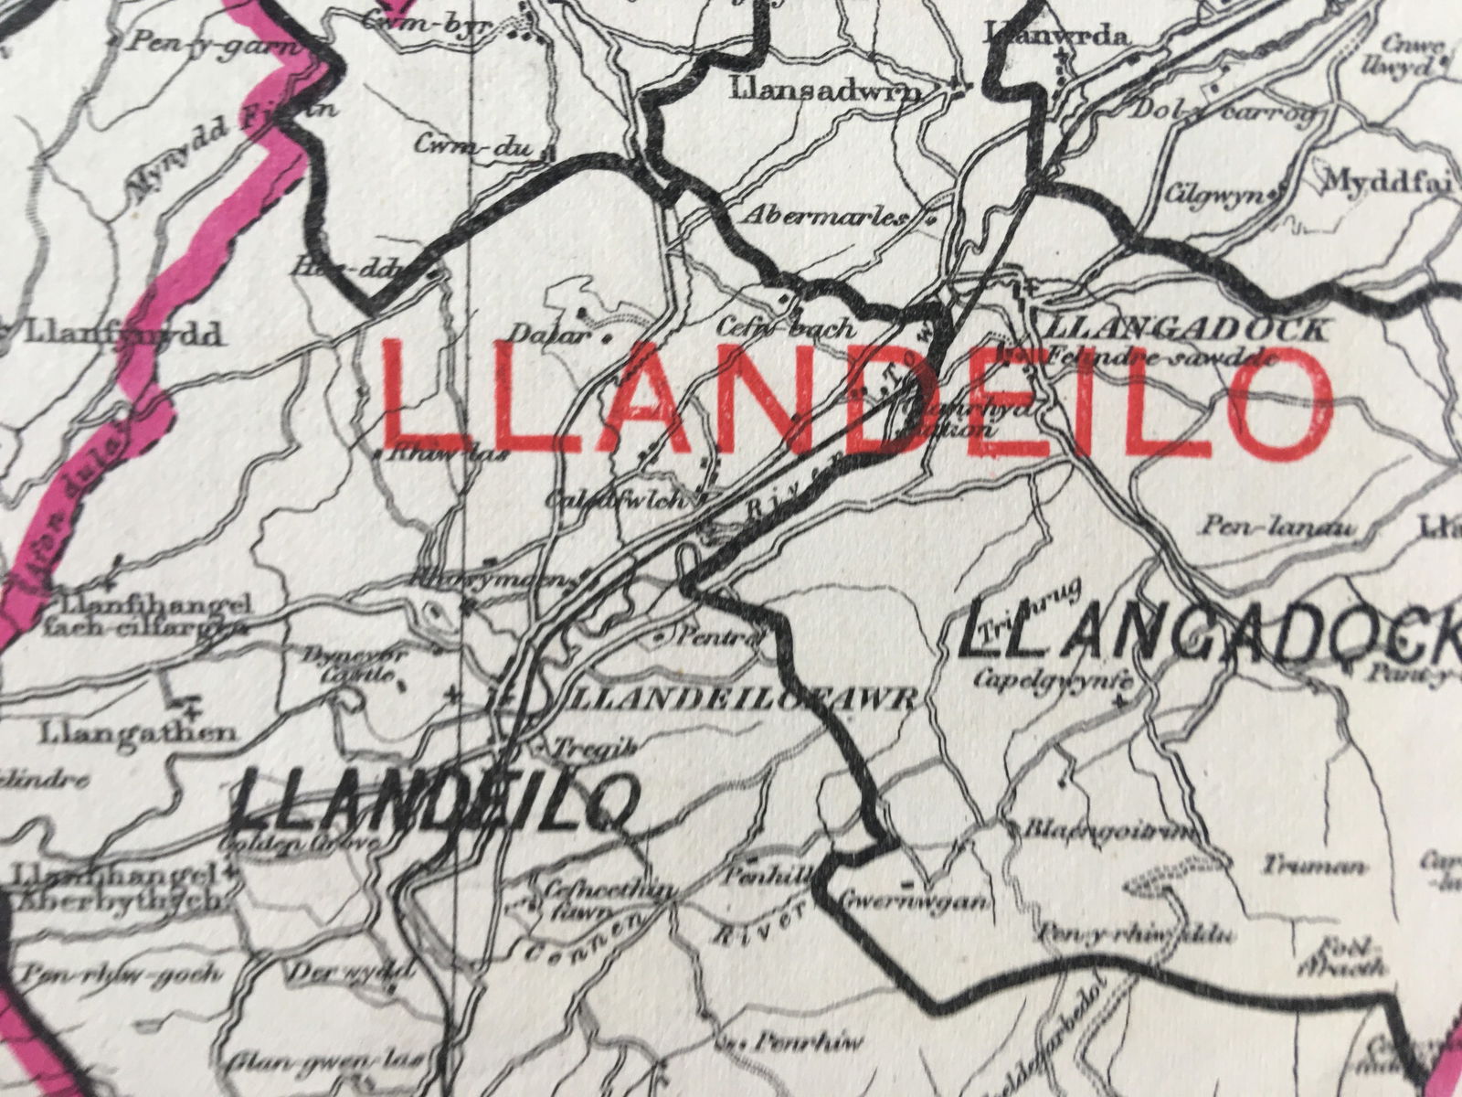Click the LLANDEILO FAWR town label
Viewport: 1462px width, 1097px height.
click(x=740, y=699)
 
